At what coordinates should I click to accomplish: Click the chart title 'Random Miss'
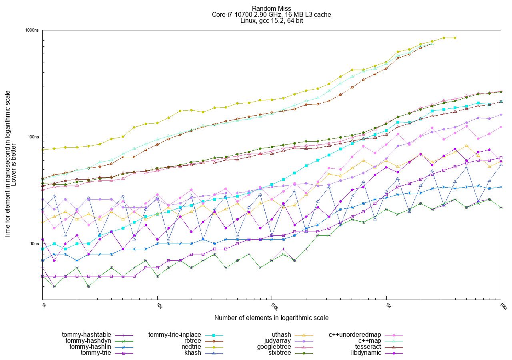271,8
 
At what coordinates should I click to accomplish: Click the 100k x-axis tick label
274,307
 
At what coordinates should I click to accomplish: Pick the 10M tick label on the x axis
503,307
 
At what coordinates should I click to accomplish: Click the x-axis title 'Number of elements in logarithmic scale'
271,318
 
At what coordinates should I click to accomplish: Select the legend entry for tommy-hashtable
88,334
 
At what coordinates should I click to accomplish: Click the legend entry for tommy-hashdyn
89,340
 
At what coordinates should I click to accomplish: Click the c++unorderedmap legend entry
355,334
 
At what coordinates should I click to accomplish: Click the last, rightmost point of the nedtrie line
455,38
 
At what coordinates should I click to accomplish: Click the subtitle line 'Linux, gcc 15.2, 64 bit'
271,21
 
